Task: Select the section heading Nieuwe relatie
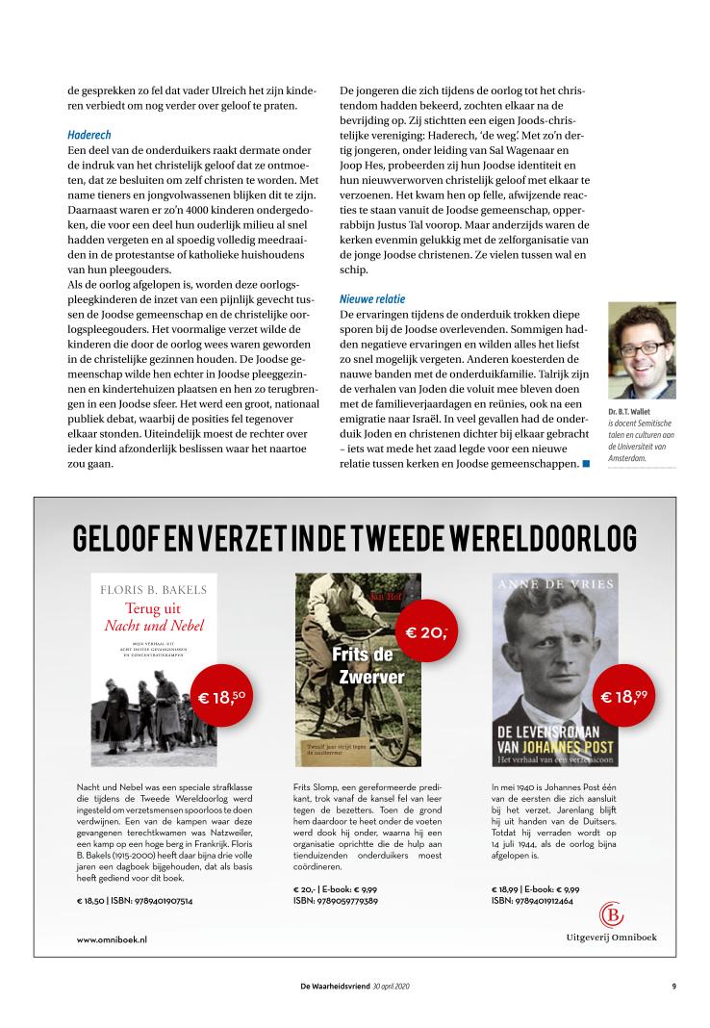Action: click(x=373, y=298)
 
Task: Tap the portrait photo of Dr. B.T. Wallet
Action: click(x=641, y=351)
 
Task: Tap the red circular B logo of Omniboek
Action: click(x=611, y=913)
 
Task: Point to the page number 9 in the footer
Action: click(x=674, y=986)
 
